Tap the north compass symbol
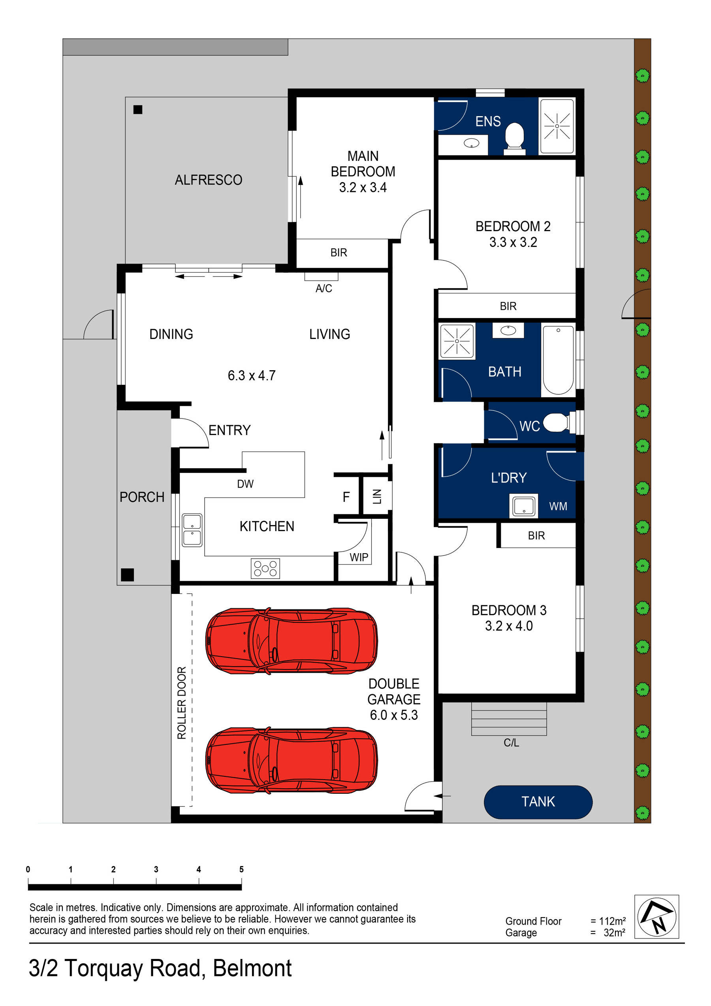pos(656,916)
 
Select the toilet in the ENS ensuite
pos(514,138)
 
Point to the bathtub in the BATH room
pos(558,360)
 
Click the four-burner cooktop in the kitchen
pos(265,568)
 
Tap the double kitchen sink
pos(192,530)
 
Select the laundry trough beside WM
pos(523,505)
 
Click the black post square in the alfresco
pos(138,109)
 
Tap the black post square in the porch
pos(127,575)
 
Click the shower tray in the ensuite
pos(557,126)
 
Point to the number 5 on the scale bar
pos(241,869)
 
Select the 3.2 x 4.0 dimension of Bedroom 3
pos(508,625)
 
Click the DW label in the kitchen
pos(245,484)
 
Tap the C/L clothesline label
pos(511,743)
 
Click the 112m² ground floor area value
pos(612,921)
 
